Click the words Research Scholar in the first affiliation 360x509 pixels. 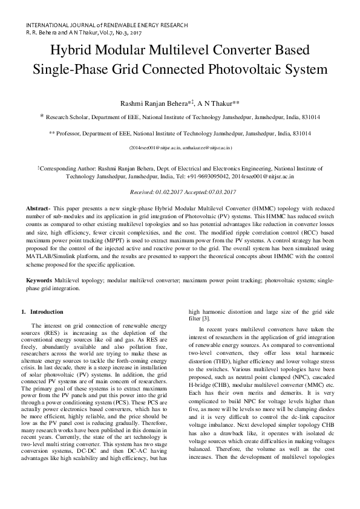point(67,117)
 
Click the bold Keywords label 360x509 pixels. point(39,281)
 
